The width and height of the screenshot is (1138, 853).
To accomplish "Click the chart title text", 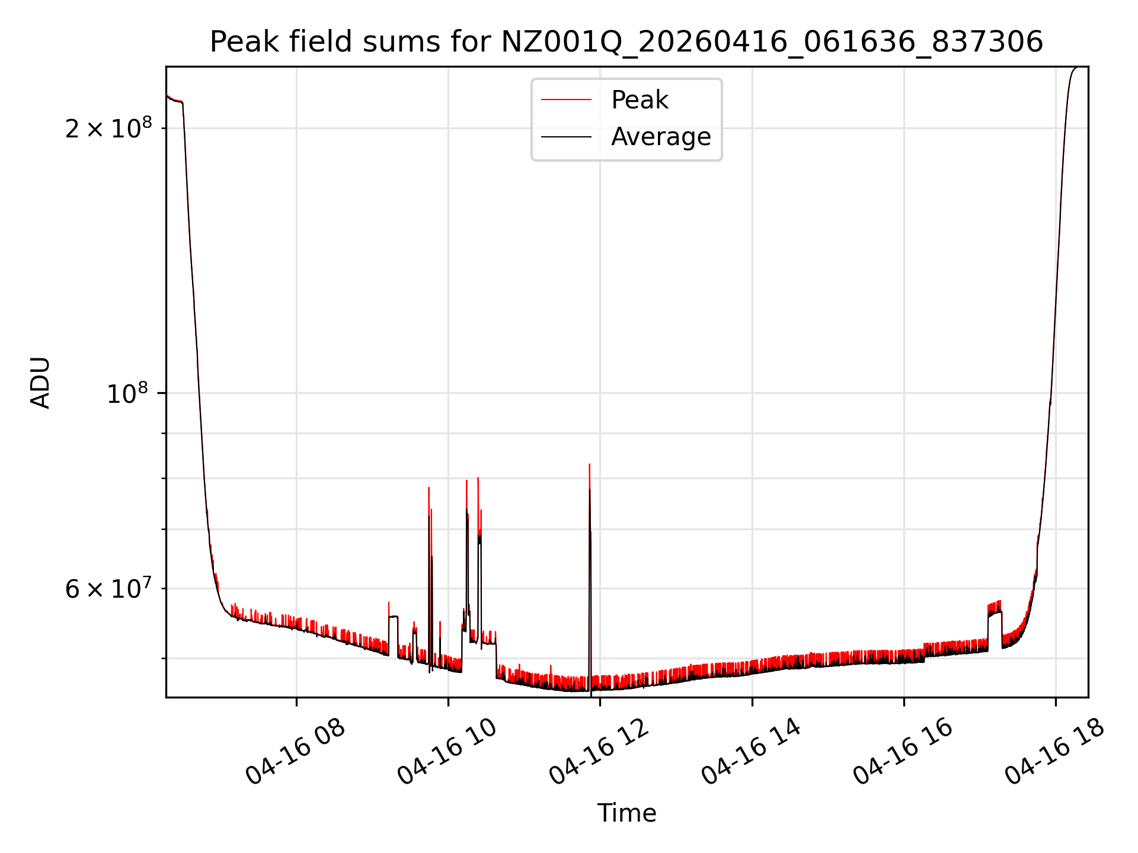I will (626, 42).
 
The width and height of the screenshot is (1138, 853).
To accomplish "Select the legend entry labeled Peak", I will (640, 100).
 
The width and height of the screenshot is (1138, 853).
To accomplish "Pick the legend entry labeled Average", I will (661, 137).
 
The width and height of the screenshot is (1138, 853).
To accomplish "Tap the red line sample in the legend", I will (566, 100).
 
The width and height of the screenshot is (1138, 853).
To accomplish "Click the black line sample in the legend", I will (566, 137).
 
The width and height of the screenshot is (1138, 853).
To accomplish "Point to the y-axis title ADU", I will (40, 383).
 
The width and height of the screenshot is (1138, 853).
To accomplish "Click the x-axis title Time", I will (626, 813).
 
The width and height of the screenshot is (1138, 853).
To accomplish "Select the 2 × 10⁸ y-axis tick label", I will (108, 128).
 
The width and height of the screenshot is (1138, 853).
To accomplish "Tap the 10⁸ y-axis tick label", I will (127, 393).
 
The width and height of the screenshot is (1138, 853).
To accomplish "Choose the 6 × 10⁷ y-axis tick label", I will (108, 589).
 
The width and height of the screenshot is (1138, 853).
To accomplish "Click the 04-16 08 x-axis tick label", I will (295, 752).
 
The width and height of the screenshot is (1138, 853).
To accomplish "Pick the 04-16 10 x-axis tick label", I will (447, 752).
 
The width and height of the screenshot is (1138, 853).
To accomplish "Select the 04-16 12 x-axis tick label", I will (599, 752).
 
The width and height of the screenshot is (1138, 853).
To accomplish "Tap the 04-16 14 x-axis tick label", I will (751, 752).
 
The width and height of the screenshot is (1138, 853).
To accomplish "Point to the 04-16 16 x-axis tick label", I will (903, 752).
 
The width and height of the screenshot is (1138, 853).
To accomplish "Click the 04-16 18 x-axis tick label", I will (1054, 752).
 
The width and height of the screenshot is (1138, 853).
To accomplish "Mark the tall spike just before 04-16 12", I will (590, 474).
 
